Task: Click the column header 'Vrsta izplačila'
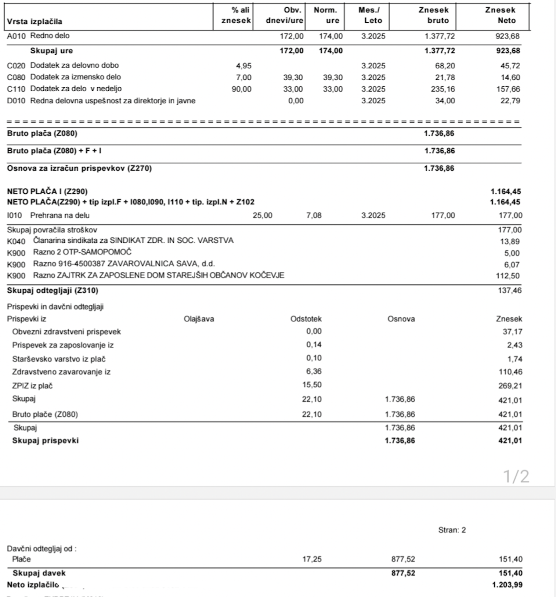pyautogui.click(x=34, y=22)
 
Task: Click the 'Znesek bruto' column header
pyautogui.click(x=434, y=15)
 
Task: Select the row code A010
pyautogui.click(x=17, y=36)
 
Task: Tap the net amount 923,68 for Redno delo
pyautogui.click(x=507, y=36)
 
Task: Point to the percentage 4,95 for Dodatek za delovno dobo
pyautogui.click(x=244, y=66)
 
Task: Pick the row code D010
pyautogui.click(x=17, y=101)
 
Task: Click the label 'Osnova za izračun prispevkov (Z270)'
pyautogui.click(x=79, y=168)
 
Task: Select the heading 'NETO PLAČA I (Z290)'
pyautogui.click(x=47, y=191)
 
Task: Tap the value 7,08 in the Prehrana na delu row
pyautogui.click(x=314, y=215)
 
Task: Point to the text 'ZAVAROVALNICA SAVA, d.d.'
pyautogui.click(x=161, y=264)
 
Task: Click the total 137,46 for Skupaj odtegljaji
pyautogui.click(x=510, y=290)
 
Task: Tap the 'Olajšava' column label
pyautogui.click(x=199, y=319)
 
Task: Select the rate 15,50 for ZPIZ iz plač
pyautogui.click(x=312, y=385)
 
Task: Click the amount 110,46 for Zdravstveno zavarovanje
pyautogui.click(x=510, y=372)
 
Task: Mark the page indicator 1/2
pyautogui.click(x=516, y=476)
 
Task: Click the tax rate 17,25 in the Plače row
pyautogui.click(x=312, y=559)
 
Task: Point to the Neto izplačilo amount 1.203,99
pyautogui.click(x=507, y=585)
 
